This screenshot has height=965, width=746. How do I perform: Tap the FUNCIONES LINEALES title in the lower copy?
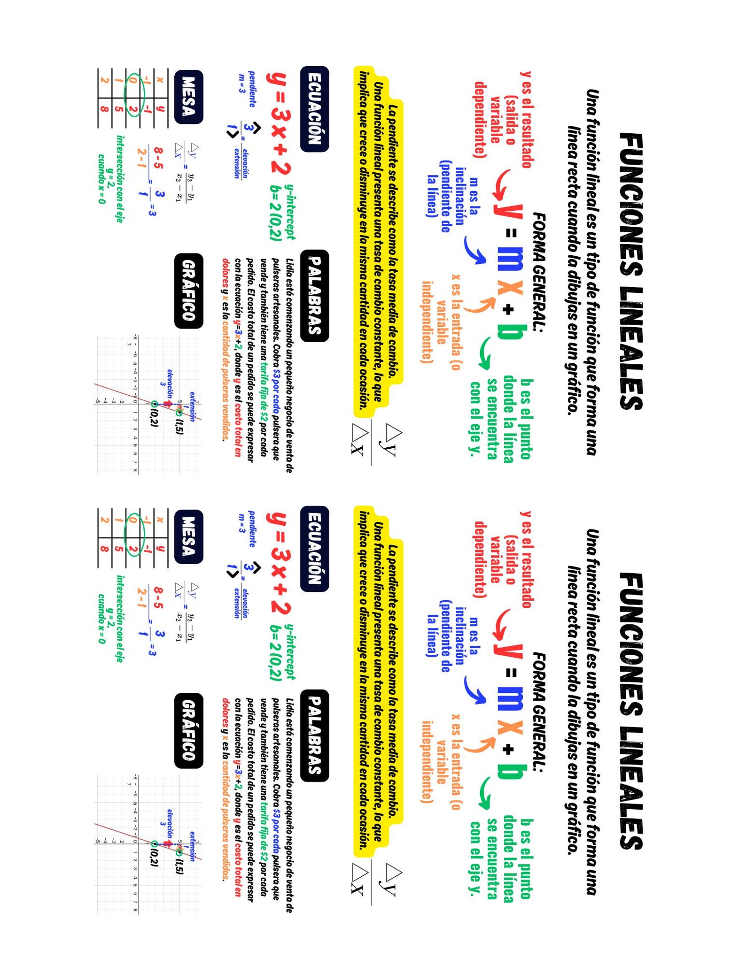click(x=630, y=711)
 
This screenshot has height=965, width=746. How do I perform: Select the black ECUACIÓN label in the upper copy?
click(x=314, y=109)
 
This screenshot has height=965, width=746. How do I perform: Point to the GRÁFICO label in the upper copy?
click(x=188, y=291)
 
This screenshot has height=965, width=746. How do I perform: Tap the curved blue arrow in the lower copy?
click(x=474, y=690)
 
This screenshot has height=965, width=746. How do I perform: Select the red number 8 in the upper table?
click(x=104, y=110)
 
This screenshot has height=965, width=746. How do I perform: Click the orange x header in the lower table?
click(x=160, y=520)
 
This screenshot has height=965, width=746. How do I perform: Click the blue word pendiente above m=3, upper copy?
click(x=252, y=89)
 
